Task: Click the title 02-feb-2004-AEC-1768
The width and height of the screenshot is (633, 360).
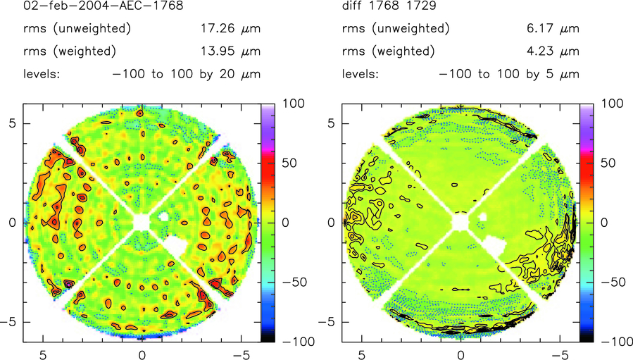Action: (x=103, y=7)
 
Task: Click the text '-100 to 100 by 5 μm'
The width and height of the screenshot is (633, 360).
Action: (x=508, y=74)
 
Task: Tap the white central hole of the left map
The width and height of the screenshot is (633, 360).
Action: (x=142, y=222)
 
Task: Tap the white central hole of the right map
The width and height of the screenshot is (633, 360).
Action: (x=460, y=222)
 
